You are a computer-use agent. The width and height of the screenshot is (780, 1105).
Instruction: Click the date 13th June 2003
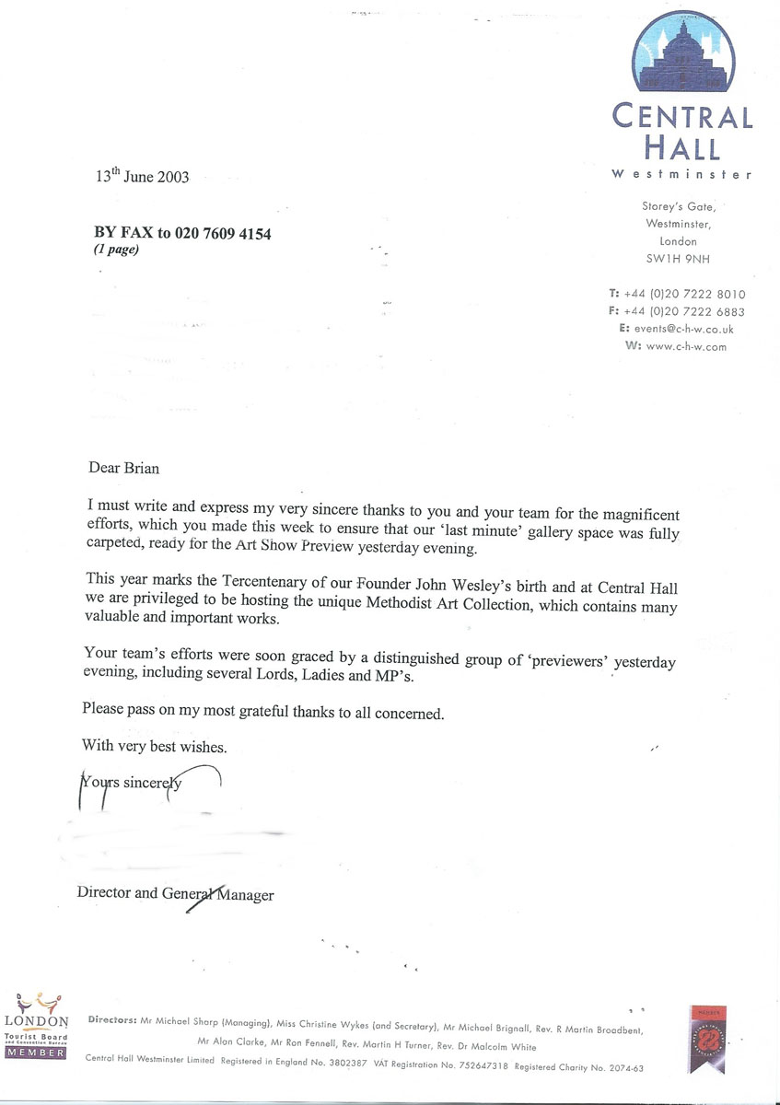pos(143,176)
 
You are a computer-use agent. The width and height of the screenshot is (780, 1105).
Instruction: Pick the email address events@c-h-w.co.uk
pos(684,329)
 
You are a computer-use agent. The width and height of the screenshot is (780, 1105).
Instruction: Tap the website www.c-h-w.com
pos(686,346)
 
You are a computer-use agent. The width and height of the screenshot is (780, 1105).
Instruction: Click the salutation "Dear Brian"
pos(123,468)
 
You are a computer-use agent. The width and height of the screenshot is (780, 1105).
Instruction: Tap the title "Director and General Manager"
pos(175,893)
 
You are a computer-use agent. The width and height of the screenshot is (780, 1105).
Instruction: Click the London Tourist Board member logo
pos(37,1024)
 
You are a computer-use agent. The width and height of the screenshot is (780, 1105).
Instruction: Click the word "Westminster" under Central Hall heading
pos(681,174)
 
